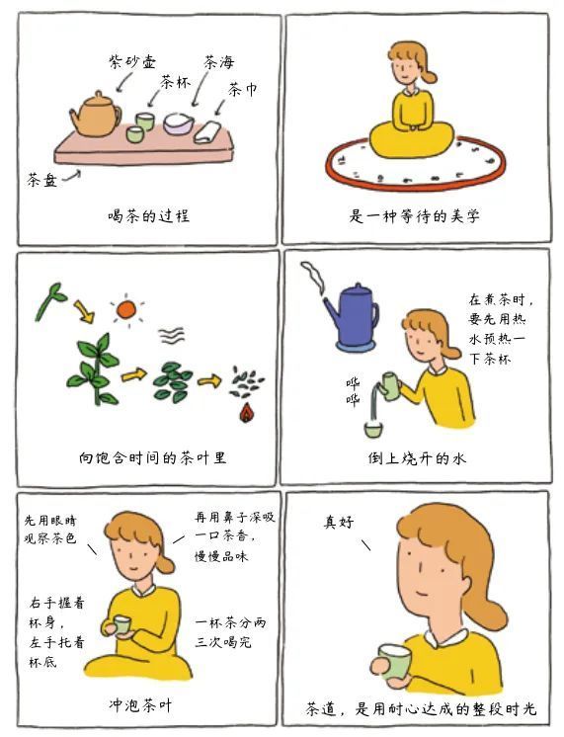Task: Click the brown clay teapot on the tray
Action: (x=97, y=116)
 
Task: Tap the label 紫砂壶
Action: (x=132, y=61)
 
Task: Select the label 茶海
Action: (x=218, y=62)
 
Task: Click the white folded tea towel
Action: (x=207, y=132)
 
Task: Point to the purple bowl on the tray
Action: (x=179, y=123)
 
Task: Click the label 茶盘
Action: (x=42, y=180)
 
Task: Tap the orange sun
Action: (x=126, y=310)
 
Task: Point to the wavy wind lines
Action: (x=171, y=336)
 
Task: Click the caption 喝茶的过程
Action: (x=149, y=215)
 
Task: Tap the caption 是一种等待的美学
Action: (x=414, y=216)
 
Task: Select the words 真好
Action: (x=339, y=522)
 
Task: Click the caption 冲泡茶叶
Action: (x=140, y=705)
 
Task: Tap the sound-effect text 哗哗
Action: (x=353, y=391)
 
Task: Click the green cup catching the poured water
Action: (x=373, y=429)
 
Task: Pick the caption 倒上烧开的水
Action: (x=417, y=457)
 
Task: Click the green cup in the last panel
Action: (x=395, y=663)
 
